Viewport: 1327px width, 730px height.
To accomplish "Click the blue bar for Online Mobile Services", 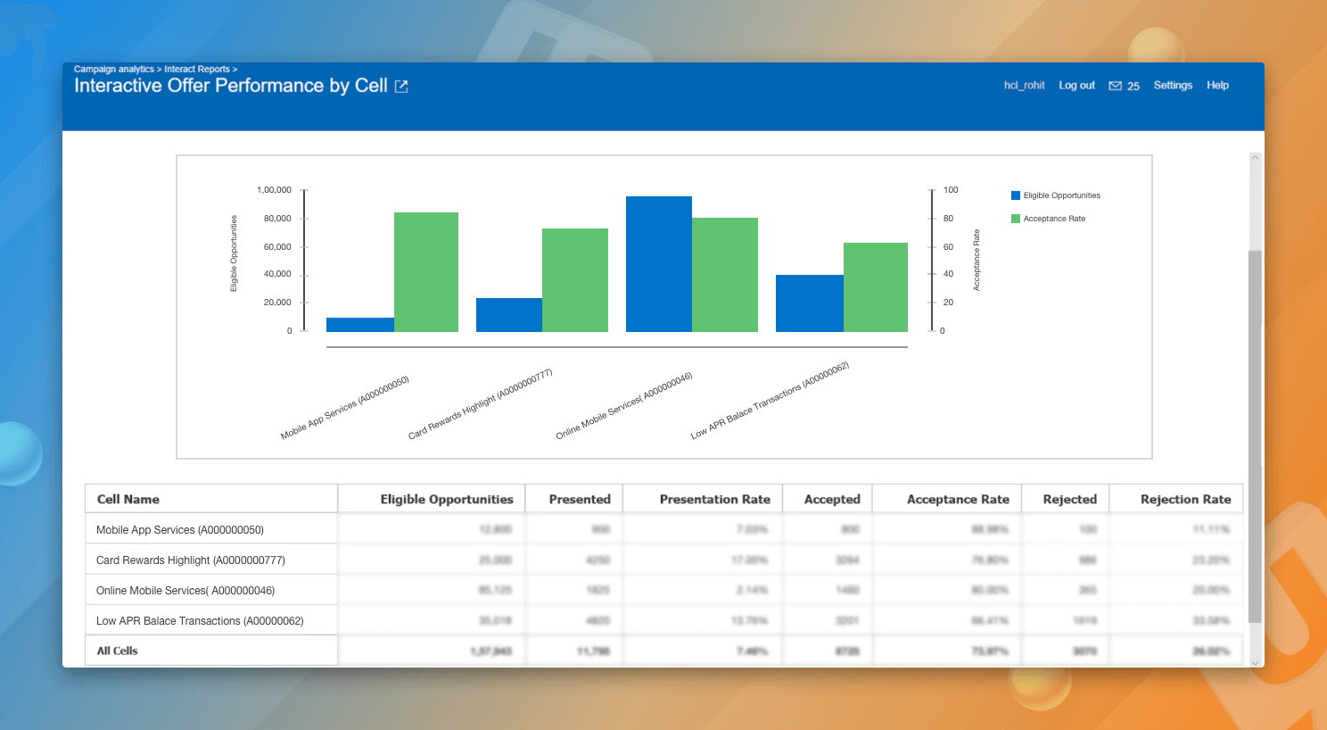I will [658, 264].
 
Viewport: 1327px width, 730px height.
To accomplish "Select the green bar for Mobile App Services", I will [426, 272].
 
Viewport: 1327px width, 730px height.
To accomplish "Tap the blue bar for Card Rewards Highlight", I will [508, 315].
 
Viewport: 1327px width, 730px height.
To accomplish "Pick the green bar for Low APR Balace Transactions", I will [876, 287].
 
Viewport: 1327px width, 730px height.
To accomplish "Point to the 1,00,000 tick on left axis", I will [274, 190].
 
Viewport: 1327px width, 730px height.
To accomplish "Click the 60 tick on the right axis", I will [948, 247].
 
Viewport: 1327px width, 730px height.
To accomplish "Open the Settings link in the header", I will [1173, 86].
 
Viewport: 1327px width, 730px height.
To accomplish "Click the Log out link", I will [1076, 86].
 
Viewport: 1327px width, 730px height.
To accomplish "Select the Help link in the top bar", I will [1217, 86].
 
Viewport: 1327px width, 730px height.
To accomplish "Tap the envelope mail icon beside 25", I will [1115, 87].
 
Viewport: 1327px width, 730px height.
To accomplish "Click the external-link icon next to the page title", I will [401, 87].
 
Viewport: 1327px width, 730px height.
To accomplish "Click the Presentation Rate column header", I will [714, 500].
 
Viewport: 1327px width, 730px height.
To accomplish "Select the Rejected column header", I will [1069, 500].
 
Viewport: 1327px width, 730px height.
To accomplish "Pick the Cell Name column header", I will [128, 500].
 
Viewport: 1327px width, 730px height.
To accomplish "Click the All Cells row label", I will [118, 651].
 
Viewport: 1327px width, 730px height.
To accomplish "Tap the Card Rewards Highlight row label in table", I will [190, 560].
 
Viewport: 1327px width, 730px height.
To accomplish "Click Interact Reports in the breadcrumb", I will [196, 70].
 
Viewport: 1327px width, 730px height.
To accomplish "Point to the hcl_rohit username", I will [1024, 86].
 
